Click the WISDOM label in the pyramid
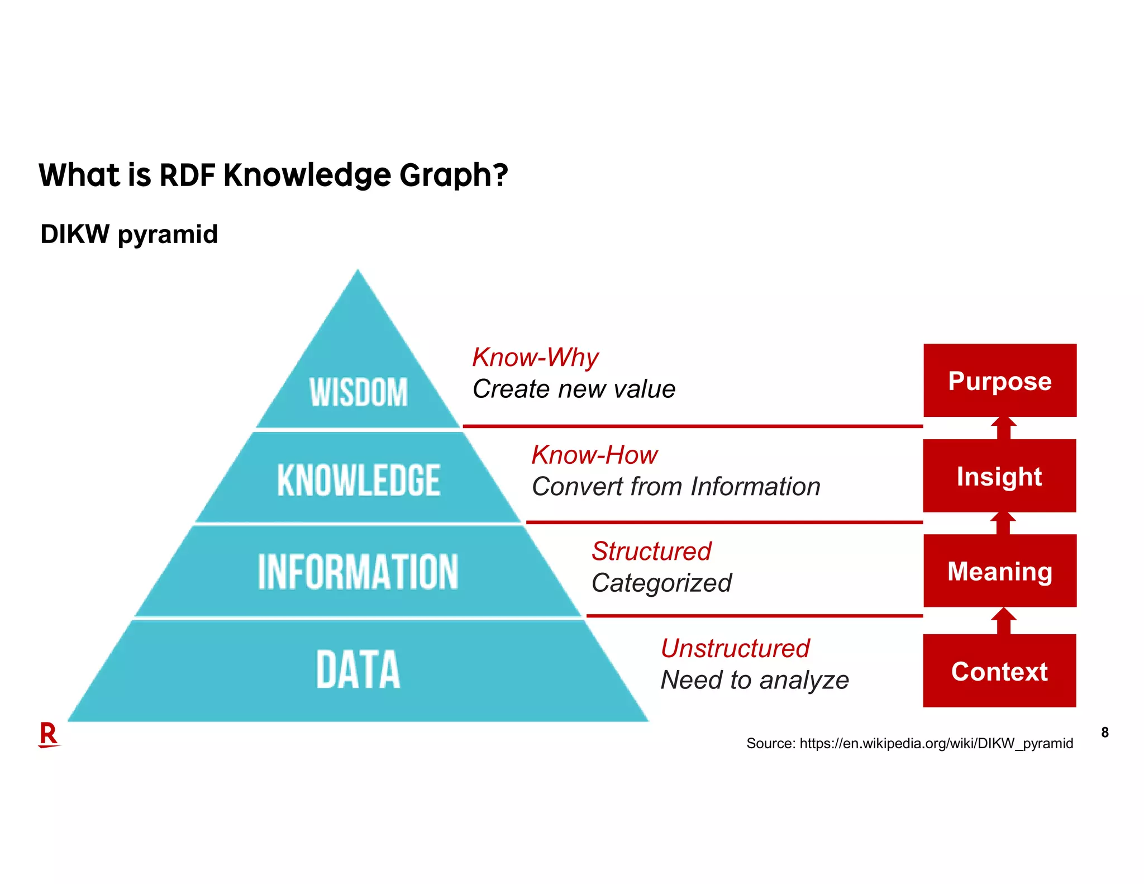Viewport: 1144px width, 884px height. (359, 392)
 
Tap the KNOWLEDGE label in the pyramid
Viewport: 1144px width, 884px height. (359, 480)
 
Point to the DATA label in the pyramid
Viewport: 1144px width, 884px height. (358, 669)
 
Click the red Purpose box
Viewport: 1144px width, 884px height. (1000, 381)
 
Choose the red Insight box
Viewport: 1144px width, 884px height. (999, 476)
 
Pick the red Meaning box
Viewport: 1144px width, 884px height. (1000, 571)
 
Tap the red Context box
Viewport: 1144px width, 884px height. (999, 671)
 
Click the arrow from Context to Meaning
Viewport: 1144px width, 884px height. (1004, 621)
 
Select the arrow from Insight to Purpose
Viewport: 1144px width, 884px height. (1004, 429)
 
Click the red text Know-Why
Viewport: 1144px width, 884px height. (535, 358)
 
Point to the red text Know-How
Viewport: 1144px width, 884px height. (594, 455)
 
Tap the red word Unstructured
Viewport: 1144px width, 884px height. (735, 648)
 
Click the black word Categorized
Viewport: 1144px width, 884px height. (661, 583)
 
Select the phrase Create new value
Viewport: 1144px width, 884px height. (574, 389)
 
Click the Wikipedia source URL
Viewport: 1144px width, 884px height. (936, 743)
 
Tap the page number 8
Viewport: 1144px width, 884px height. (1105, 732)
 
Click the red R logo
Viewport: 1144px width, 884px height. (49, 734)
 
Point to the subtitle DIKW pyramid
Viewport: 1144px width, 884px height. (129, 234)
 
